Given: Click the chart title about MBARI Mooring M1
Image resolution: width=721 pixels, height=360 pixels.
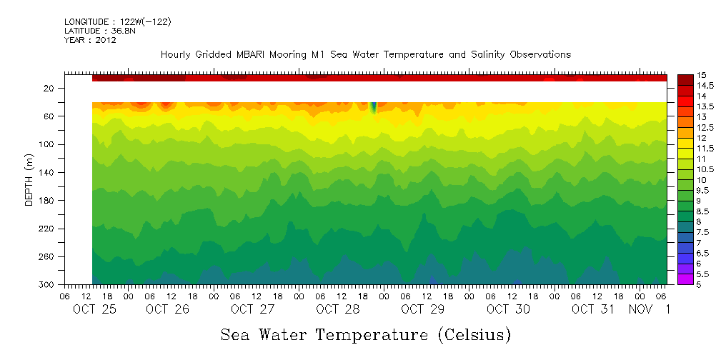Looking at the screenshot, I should tap(365, 54).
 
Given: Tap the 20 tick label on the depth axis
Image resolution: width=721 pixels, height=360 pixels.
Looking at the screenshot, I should tap(49, 88).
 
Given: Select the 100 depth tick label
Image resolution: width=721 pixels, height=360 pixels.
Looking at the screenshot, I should tap(47, 144).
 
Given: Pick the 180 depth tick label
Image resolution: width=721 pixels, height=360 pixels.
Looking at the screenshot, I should tap(47, 201).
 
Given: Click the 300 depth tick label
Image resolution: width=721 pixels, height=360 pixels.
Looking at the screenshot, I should tap(47, 285).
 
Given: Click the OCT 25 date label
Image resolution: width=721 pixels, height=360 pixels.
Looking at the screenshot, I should tap(94, 309).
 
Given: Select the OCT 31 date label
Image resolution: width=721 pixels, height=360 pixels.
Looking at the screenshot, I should tap(592, 309).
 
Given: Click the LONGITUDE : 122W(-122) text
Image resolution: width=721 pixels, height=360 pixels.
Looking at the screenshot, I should tap(117, 22).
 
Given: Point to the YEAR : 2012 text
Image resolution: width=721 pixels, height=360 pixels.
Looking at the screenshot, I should tap(90, 40).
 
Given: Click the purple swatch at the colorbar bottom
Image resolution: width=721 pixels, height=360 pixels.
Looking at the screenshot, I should tap(685, 279).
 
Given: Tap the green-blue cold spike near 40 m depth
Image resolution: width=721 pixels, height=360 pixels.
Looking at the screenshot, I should tap(373, 107).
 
